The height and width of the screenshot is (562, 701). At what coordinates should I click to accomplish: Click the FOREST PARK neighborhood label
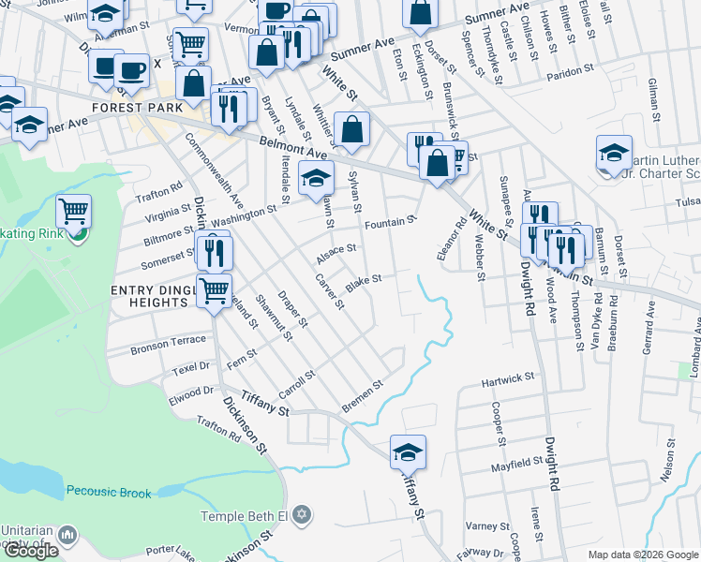click(130, 108)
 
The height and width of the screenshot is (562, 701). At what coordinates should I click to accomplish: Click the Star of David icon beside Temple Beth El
click(300, 514)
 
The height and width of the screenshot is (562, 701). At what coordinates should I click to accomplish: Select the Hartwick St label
click(508, 378)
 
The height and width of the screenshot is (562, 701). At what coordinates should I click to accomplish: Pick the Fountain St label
click(390, 222)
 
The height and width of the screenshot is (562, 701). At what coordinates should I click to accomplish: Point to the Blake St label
click(364, 281)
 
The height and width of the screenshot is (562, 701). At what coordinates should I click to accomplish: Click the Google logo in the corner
click(31, 551)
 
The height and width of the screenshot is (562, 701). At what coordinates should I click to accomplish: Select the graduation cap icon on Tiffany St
click(408, 452)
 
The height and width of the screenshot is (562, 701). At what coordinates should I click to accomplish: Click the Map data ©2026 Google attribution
click(643, 555)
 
